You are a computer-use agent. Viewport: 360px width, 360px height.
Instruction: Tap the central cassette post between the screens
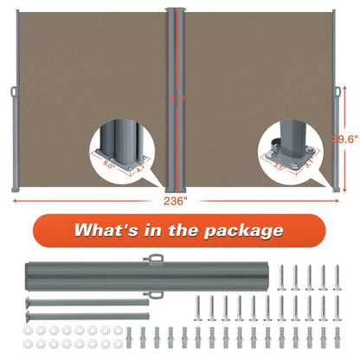(177, 95)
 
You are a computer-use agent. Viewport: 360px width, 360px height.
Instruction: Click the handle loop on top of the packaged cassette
(156, 257)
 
